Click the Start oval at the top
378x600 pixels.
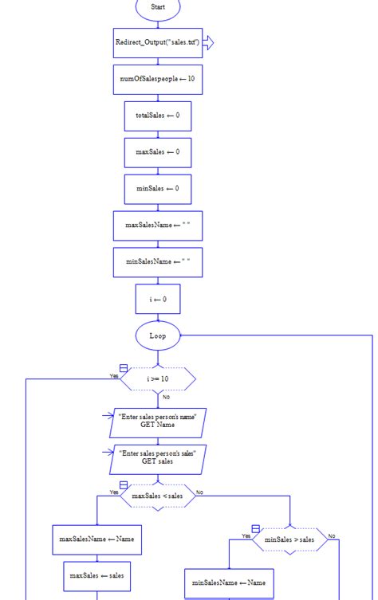pos(158,7)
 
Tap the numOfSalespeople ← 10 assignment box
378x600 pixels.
pos(158,79)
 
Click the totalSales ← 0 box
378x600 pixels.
pos(158,116)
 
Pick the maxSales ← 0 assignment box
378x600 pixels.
pos(158,152)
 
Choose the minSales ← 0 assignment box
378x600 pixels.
pos(158,189)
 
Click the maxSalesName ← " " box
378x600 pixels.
pos(158,225)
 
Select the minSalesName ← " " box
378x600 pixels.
pos(158,262)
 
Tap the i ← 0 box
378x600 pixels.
pos(158,300)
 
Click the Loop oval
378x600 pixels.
pos(158,335)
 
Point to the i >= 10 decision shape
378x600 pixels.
pos(158,378)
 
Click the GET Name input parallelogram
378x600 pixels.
pos(157,420)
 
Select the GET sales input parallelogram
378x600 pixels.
pos(157,457)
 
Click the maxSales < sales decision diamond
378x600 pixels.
pos(157,496)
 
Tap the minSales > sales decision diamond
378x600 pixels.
pos(289,539)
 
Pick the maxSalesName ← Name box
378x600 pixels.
pos(96,539)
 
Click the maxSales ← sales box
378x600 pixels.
pos(96,575)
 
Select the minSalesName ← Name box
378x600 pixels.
pos(229,583)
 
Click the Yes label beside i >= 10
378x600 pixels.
pos(114,375)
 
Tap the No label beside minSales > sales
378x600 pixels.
pos(332,536)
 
